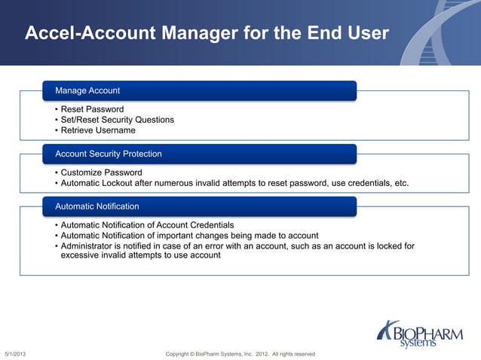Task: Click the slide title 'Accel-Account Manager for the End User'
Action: tap(207, 33)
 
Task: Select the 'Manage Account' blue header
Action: tap(199, 90)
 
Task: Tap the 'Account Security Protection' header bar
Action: tap(199, 154)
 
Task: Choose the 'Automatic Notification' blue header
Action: tap(199, 206)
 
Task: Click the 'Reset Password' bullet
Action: tap(92, 109)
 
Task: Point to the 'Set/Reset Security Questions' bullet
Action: tap(117, 120)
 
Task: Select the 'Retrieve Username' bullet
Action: tap(98, 130)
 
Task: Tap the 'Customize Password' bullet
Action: tap(101, 172)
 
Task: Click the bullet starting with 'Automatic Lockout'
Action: tap(234, 183)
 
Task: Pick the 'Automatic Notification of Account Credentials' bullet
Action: tap(147, 225)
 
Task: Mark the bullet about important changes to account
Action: tap(189, 235)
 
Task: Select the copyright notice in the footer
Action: tap(240, 354)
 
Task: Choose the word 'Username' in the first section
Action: tap(117, 130)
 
